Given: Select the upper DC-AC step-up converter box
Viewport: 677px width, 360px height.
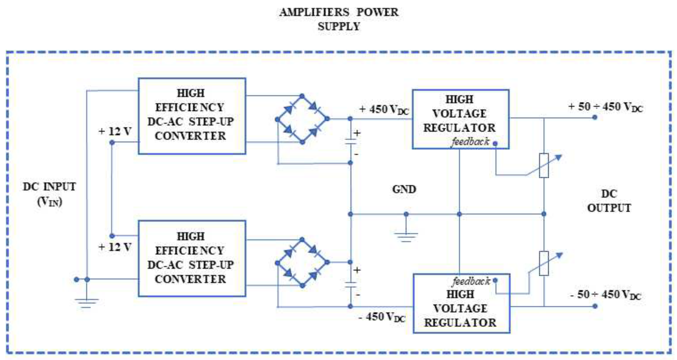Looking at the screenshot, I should pos(192,116).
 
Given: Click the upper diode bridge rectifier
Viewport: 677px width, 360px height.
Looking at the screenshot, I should pos(302,119).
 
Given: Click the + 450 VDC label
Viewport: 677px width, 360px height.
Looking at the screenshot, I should pos(384,109).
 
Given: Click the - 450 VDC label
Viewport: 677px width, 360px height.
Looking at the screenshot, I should pos(382,317).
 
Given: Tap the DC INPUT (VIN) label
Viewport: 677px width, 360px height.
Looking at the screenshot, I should pos(50,194).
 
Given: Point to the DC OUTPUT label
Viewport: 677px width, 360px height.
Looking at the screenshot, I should pos(609,201).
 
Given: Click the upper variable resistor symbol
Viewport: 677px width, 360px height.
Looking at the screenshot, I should pos(544,166).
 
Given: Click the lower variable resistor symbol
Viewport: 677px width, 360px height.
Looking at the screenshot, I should pos(544,263).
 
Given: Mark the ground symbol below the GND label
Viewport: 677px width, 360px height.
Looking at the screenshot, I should pos(406,237).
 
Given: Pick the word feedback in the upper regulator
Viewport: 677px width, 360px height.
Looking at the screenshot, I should pos(470,142).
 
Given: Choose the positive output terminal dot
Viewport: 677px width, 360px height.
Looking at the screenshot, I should pos(595,117).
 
